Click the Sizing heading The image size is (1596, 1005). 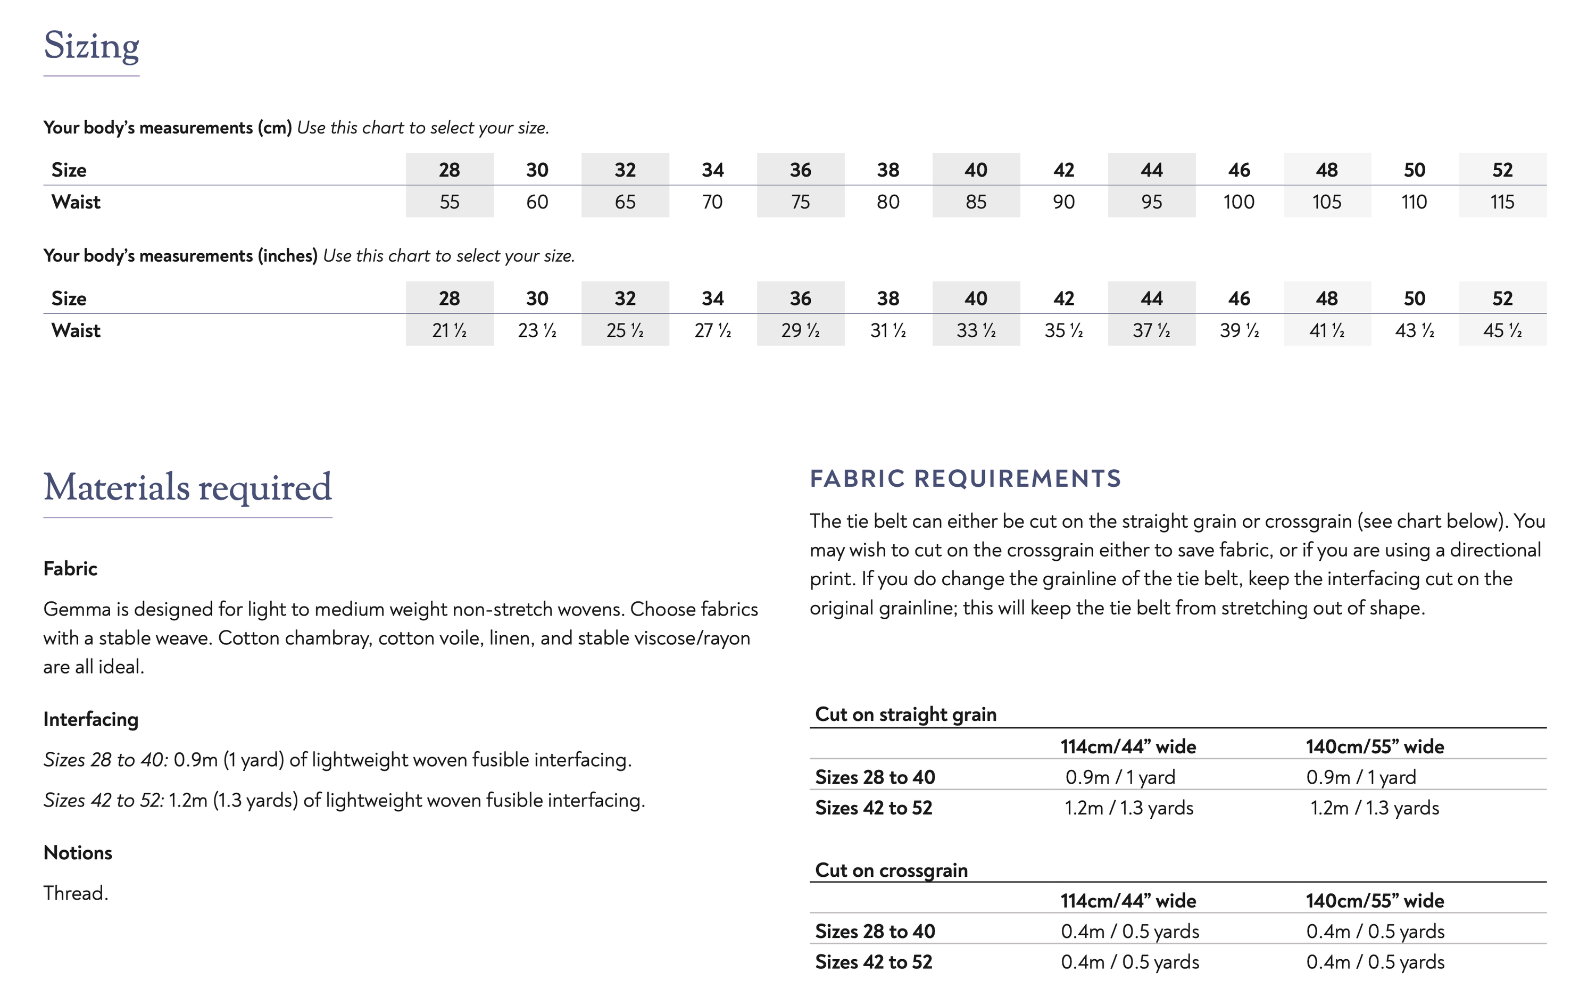point(92,46)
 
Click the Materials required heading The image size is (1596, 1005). point(188,487)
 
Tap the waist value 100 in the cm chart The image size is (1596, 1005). point(1238,202)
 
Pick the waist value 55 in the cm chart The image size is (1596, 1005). point(450,202)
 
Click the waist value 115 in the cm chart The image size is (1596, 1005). point(1502,202)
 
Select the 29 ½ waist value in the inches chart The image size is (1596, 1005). point(800,330)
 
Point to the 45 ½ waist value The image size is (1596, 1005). point(1502,330)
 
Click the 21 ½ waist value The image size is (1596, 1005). point(450,330)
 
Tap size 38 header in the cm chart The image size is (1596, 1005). point(888,170)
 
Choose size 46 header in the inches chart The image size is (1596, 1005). point(1238,298)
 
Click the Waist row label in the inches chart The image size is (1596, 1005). point(76,330)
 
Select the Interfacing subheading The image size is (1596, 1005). point(91,719)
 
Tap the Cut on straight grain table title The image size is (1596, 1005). point(905,714)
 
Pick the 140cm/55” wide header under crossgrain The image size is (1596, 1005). point(1375,900)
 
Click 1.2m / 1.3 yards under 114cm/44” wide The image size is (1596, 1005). point(1129,808)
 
